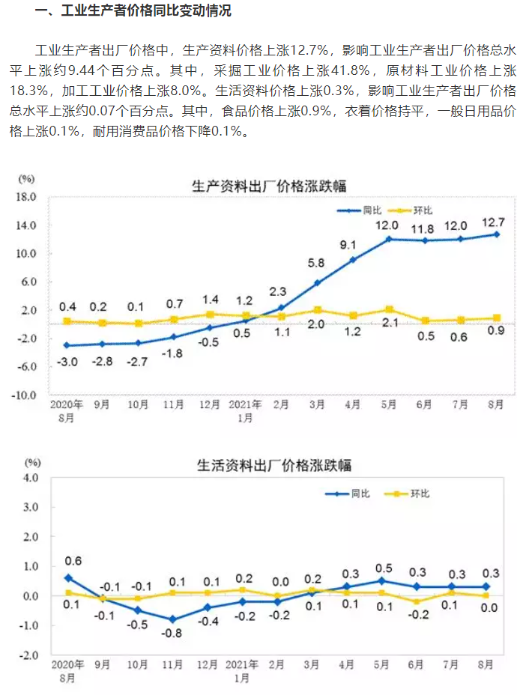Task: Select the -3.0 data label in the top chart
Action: click(x=67, y=362)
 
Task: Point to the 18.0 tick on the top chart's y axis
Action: click(x=27, y=197)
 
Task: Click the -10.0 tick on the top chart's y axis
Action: click(x=25, y=395)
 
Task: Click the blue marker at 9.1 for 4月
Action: click(x=352, y=260)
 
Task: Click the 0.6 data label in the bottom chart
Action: click(x=73, y=561)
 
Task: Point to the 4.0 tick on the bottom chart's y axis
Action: click(x=30, y=477)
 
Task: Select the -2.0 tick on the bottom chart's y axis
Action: click(x=28, y=655)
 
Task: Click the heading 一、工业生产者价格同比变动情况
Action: click(x=132, y=11)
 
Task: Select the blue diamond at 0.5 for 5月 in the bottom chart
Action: click(x=382, y=580)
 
